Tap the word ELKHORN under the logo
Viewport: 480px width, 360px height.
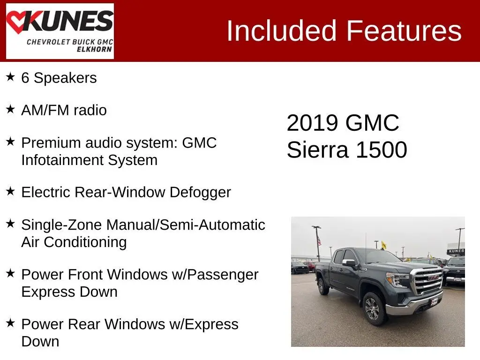tap(94, 49)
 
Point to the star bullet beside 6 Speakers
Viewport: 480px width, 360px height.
tap(10, 77)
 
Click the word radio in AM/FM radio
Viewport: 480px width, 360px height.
tap(90, 110)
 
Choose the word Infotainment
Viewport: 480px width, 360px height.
tap(62, 160)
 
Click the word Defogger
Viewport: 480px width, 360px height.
tap(200, 193)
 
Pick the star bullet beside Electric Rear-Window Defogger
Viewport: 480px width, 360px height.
tap(10, 191)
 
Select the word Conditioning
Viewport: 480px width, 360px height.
tap(85, 242)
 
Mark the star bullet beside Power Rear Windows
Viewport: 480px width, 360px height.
tap(10, 323)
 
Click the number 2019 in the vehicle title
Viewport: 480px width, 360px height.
tap(312, 123)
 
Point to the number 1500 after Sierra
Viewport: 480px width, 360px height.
tap(382, 150)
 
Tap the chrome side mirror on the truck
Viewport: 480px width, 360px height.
tap(349, 262)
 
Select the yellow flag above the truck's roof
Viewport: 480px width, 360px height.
tap(383, 245)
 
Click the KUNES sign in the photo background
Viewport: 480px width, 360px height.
tap(456, 251)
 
